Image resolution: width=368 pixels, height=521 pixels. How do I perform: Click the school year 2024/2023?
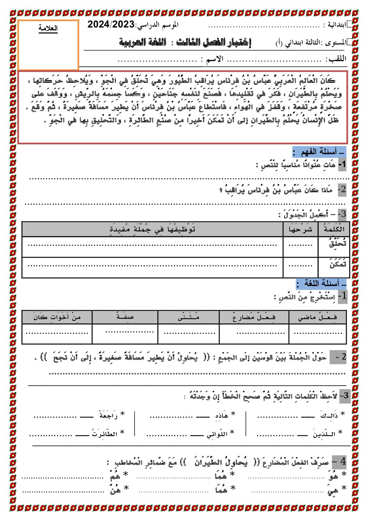111,24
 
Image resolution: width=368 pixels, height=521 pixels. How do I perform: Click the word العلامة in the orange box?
48,29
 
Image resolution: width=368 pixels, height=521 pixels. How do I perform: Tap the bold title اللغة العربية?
143,43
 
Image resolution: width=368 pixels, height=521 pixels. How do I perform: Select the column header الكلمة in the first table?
334,229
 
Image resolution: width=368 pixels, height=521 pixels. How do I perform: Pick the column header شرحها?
301,229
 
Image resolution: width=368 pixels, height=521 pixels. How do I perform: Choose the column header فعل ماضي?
318,317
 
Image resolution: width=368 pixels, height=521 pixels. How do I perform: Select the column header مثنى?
189,317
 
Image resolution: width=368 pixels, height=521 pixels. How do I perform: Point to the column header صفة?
125,317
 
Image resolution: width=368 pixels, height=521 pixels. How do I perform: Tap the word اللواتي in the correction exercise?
217,434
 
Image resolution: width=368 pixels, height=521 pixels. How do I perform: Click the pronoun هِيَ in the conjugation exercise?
333,491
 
